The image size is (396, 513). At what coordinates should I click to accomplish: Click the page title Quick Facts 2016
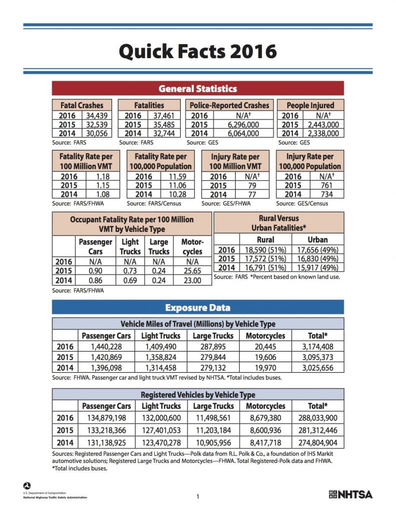[198, 51]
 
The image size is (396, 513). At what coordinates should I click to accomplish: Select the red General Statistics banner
[198, 89]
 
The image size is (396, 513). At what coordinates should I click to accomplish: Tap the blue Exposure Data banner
[198, 307]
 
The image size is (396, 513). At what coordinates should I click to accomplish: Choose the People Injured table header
[310, 105]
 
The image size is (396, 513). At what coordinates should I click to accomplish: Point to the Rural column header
[265, 239]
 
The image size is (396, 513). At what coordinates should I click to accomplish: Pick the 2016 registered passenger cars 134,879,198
[106, 418]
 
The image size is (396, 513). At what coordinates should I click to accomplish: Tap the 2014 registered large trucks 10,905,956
[213, 442]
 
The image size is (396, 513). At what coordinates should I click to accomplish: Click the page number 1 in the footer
[198, 496]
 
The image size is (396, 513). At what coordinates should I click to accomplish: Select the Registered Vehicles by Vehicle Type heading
[198, 395]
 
